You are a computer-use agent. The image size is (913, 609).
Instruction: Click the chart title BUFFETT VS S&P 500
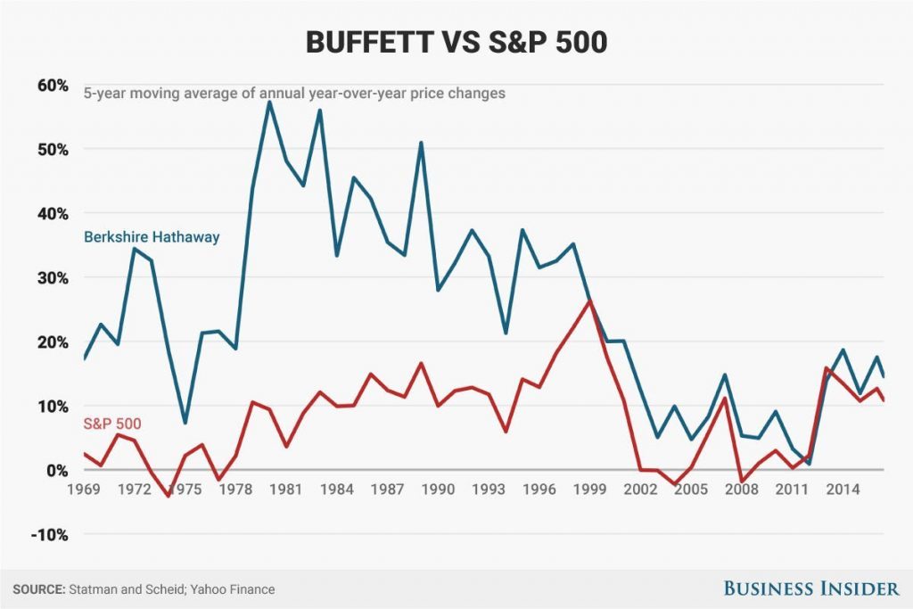click(456, 42)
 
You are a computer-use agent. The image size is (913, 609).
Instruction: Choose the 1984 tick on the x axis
click(336, 490)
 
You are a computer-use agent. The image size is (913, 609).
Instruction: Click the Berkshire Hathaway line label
click(152, 237)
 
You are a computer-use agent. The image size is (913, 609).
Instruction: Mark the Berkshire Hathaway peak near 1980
click(269, 102)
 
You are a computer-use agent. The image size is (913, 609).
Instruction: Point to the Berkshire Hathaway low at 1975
click(185, 423)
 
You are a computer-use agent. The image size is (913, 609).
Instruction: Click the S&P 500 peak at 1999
click(589, 300)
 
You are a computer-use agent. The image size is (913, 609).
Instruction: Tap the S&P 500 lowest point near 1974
click(168, 496)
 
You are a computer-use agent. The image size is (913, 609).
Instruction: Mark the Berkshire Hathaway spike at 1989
click(421, 143)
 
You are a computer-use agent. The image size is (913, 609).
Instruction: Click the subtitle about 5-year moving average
click(294, 93)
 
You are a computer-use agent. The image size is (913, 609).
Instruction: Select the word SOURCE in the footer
click(37, 588)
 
